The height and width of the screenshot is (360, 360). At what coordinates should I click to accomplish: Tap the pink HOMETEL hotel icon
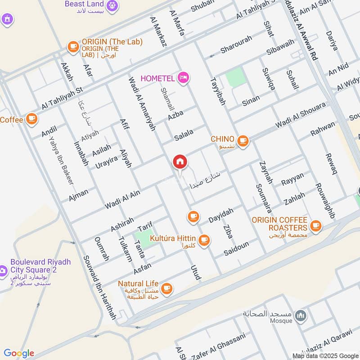click(x=183, y=78)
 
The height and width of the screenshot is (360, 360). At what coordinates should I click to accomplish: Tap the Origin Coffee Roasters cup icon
click(x=316, y=225)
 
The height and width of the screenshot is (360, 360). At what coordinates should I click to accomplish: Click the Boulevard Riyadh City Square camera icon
click(x=3, y=270)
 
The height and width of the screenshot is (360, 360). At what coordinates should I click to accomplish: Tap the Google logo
click(x=19, y=353)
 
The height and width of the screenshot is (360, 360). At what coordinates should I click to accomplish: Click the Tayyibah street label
click(x=217, y=90)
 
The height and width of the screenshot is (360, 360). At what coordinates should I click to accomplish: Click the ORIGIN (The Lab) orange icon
click(x=72, y=46)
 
